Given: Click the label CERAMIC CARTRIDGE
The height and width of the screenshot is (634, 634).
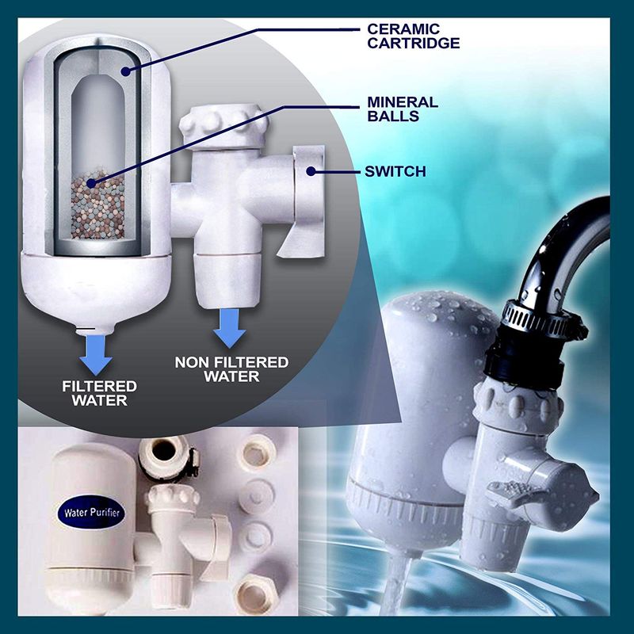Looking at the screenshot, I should click(x=412, y=35).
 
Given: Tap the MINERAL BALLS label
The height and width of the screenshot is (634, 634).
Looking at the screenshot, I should click(x=402, y=109).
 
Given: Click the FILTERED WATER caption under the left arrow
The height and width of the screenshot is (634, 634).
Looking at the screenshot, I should click(x=100, y=393).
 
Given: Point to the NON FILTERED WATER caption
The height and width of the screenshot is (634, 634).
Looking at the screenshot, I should click(x=231, y=369).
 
